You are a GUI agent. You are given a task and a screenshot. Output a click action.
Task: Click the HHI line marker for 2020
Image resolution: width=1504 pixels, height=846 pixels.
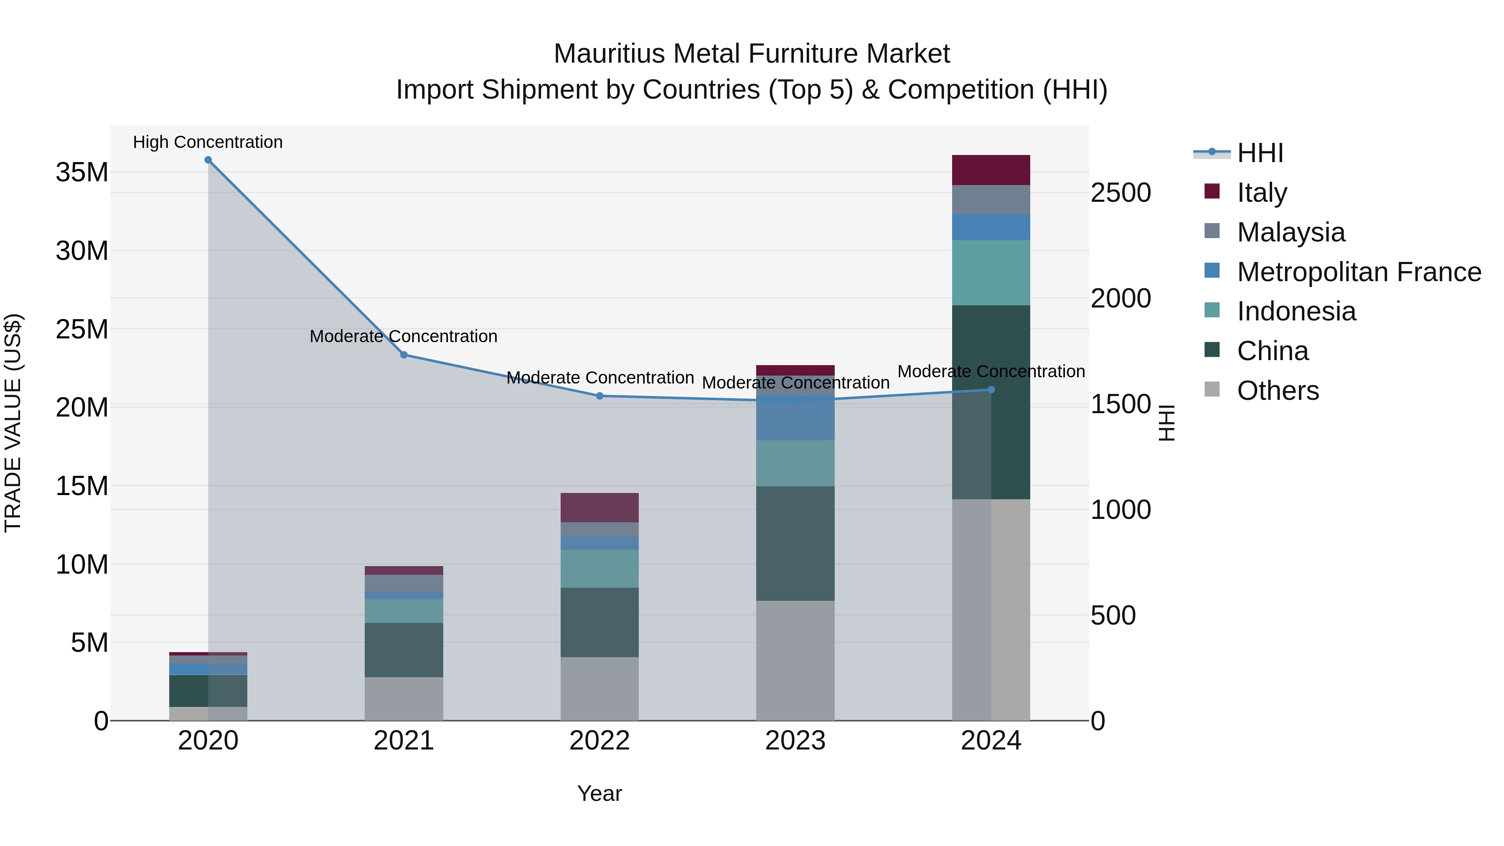[x=208, y=160]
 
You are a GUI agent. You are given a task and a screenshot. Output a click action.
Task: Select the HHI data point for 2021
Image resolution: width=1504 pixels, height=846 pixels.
[x=404, y=355]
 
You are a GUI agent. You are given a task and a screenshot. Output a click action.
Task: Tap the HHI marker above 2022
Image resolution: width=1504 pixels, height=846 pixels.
[x=600, y=396]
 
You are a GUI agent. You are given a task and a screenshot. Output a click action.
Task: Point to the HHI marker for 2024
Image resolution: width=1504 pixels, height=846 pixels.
[x=991, y=389]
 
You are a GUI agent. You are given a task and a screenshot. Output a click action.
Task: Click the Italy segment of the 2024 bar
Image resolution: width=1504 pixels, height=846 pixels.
[x=991, y=170]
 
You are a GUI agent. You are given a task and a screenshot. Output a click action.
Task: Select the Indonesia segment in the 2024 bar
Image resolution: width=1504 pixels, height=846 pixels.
[x=991, y=273]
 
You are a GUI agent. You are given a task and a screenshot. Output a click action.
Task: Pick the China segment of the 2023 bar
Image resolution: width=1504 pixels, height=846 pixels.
[x=795, y=543]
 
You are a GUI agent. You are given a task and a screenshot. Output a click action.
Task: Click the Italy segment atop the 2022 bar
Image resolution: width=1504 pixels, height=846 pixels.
[x=600, y=507]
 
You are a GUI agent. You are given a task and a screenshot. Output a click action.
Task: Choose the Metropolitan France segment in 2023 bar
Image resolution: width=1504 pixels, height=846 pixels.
[x=795, y=418]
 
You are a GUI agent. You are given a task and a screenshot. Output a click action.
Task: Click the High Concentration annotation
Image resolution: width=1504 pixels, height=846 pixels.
[x=208, y=142]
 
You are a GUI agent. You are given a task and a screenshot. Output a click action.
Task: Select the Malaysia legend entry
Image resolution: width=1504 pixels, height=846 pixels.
[x=1291, y=232]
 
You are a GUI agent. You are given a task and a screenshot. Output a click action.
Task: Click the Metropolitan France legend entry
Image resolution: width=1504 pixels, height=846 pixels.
[x=1359, y=272]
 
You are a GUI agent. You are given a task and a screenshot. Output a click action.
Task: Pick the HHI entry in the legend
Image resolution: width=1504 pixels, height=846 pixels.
[x=1260, y=153]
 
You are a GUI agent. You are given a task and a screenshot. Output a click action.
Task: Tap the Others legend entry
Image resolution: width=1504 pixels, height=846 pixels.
[x=1278, y=391]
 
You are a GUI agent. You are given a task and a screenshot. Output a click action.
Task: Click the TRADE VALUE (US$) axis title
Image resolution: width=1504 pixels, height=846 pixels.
[x=13, y=423]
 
